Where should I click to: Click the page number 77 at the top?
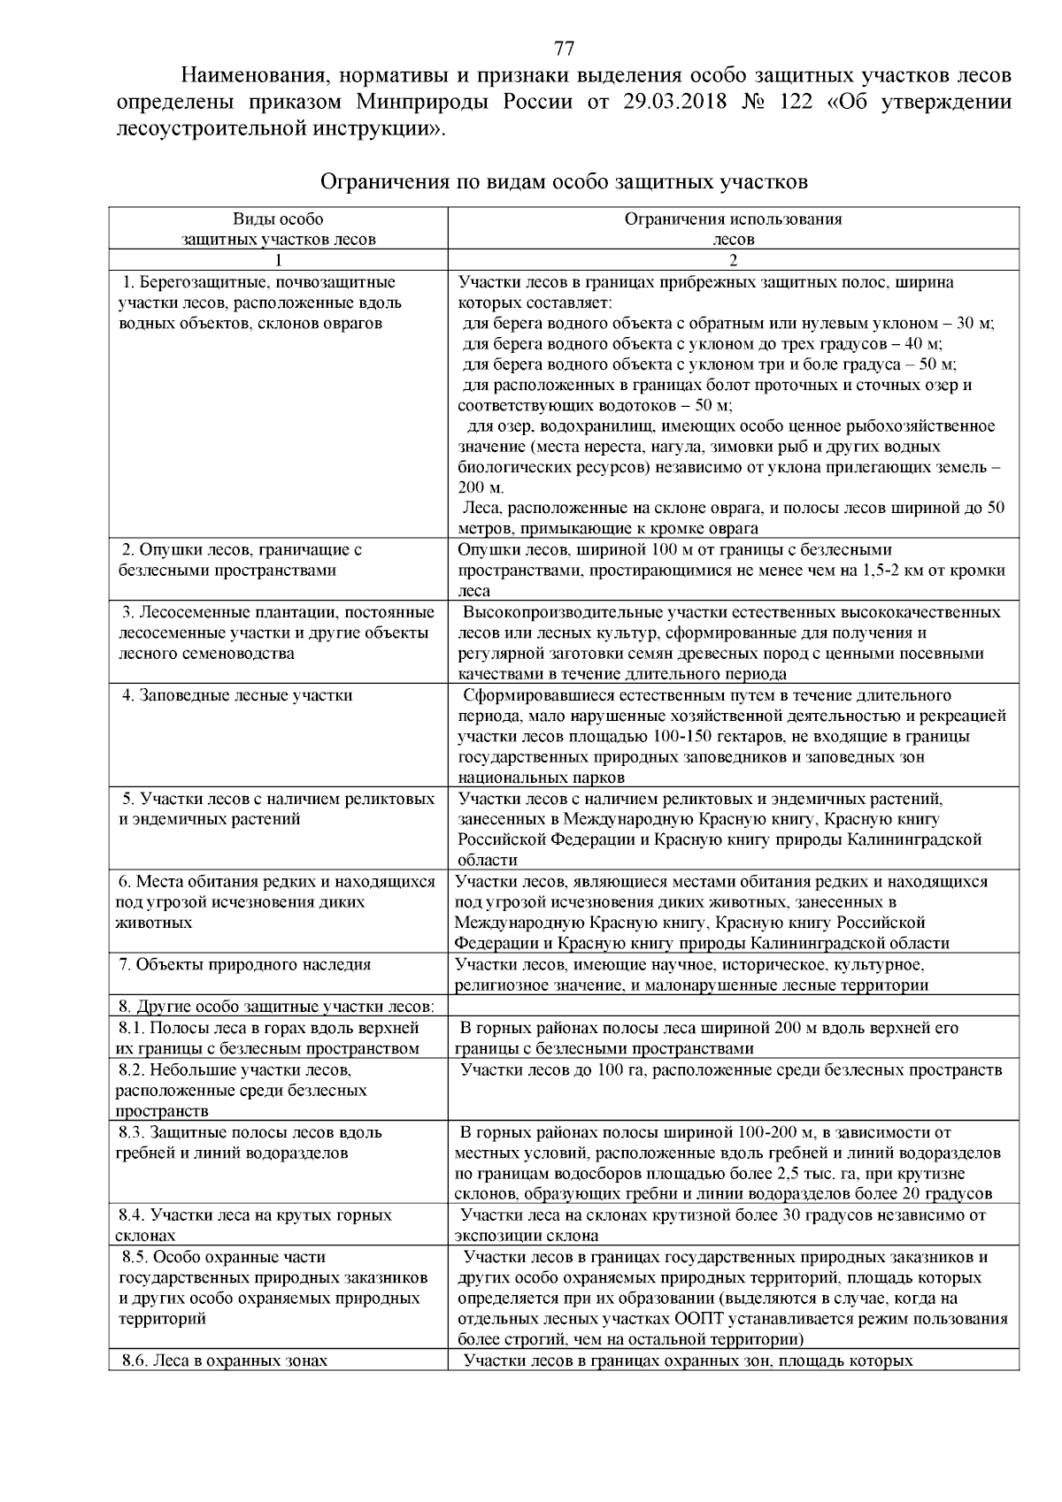(x=564, y=48)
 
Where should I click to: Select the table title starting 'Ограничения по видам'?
(x=564, y=182)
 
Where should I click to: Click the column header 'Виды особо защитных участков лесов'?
(x=278, y=228)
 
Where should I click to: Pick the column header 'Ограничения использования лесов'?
(x=733, y=228)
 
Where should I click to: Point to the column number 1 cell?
(x=278, y=260)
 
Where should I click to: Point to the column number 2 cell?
(x=733, y=260)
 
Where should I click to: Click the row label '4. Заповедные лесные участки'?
(x=237, y=695)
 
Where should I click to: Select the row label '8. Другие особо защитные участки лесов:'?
(x=277, y=1007)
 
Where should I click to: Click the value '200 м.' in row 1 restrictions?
(x=481, y=488)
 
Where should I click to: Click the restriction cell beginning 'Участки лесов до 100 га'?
(x=731, y=1070)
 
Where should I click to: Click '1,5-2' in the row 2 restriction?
(x=885, y=571)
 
